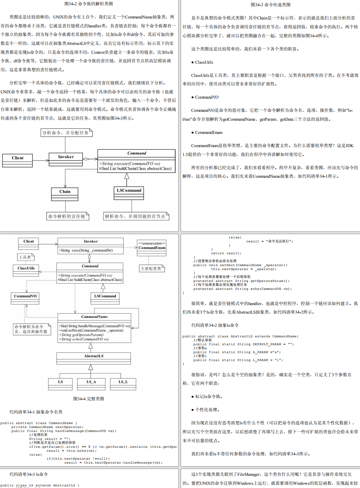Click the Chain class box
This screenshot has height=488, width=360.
pos(65,194)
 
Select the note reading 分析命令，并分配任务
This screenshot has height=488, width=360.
pos(66,133)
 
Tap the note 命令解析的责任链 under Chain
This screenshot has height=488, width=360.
pos(67,216)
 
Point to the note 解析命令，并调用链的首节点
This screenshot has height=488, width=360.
pos(135,216)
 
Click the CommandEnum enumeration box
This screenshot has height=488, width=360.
pos(152,248)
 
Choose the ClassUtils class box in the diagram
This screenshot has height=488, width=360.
pos(26,271)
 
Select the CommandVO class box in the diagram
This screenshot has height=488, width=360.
pos(25,298)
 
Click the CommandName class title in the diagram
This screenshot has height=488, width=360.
pos(94,317)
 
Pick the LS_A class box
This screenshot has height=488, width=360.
pos(91,384)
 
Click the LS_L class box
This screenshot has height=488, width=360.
pos(123,384)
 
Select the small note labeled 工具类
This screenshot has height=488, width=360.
pos(25,257)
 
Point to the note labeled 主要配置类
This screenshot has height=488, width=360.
pos(151,269)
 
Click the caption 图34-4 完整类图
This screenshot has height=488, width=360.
pos(89,399)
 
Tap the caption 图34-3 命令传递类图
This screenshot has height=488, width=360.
pos(270,5)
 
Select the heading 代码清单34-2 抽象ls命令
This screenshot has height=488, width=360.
pos(215,325)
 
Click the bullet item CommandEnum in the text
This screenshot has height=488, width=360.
pos(209,133)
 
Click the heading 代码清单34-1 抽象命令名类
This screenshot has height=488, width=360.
pos(36,412)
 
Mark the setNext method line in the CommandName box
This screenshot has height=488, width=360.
pos(92,330)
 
